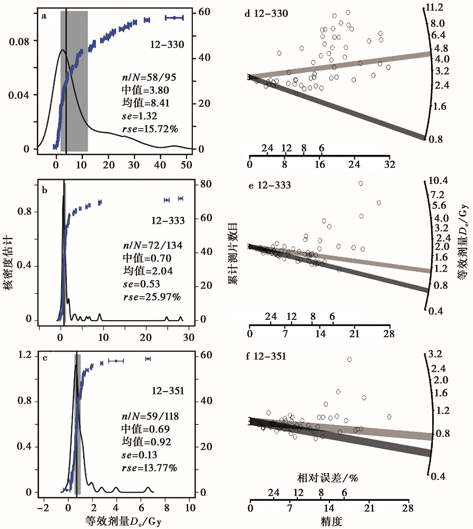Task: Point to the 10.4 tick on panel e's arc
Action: [x=436, y=181]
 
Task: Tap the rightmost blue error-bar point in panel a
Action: [x=174, y=17]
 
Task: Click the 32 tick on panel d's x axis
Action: [x=390, y=165]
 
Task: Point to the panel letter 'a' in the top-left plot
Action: [x=44, y=15]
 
